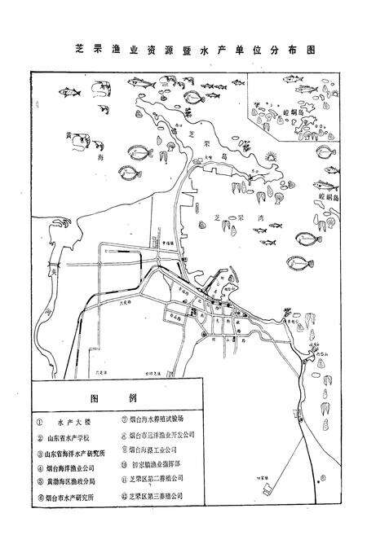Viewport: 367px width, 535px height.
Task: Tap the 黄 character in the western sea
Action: pos(72,137)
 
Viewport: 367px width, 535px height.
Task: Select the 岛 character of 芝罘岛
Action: pos(216,154)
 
